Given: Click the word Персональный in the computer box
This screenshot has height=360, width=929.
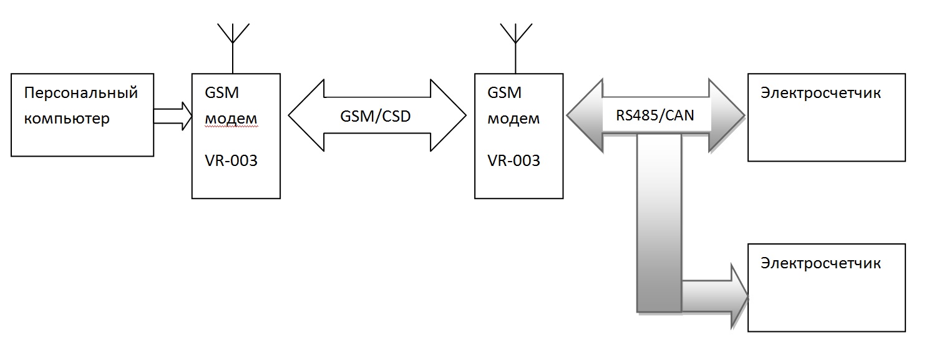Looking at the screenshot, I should pyautogui.click(x=80, y=94).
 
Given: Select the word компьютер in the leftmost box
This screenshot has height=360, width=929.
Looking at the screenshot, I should pyautogui.click(x=67, y=119).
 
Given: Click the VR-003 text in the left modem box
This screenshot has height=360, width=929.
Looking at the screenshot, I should pyautogui.click(x=231, y=160).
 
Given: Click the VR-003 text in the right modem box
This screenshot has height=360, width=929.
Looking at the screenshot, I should pyautogui.click(x=513, y=160).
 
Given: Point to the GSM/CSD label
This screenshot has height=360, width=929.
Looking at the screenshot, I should pyautogui.click(x=376, y=116).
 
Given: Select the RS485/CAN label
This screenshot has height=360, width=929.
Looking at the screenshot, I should pyautogui.click(x=655, y=116).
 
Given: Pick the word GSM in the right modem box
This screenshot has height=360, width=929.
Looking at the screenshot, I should pyautogui.click(x=505, y=94).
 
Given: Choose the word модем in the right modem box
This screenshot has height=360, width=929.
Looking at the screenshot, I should pyautogui.click(x=513, y=119).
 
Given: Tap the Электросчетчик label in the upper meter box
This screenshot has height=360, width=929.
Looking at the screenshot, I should pyautogui.click(x=820, y=94).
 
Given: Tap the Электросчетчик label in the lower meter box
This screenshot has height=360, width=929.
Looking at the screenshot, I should pyautogui.click(x=820, y=263).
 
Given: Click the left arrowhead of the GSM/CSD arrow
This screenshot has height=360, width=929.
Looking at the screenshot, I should pyautogui.click(x=306, y=115).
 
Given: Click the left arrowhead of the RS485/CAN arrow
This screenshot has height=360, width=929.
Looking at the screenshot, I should pyautogui.click(x=585, y=116).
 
